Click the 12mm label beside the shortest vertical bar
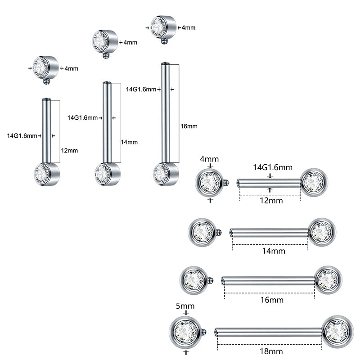point(69,151)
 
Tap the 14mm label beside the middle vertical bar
point(129,142)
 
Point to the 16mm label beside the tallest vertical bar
point(189,126)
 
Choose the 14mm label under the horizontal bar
point(274,251)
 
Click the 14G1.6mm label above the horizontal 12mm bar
point(273,167)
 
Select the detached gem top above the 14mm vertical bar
point(104,41)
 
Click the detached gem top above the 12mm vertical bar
point(45,68)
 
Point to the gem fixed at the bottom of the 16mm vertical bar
point(165,174)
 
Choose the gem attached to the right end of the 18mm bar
point(337,331)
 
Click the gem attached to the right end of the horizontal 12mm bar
point(314,182)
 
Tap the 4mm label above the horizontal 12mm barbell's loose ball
point(209,160)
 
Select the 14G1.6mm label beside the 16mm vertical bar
point(141,89)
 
